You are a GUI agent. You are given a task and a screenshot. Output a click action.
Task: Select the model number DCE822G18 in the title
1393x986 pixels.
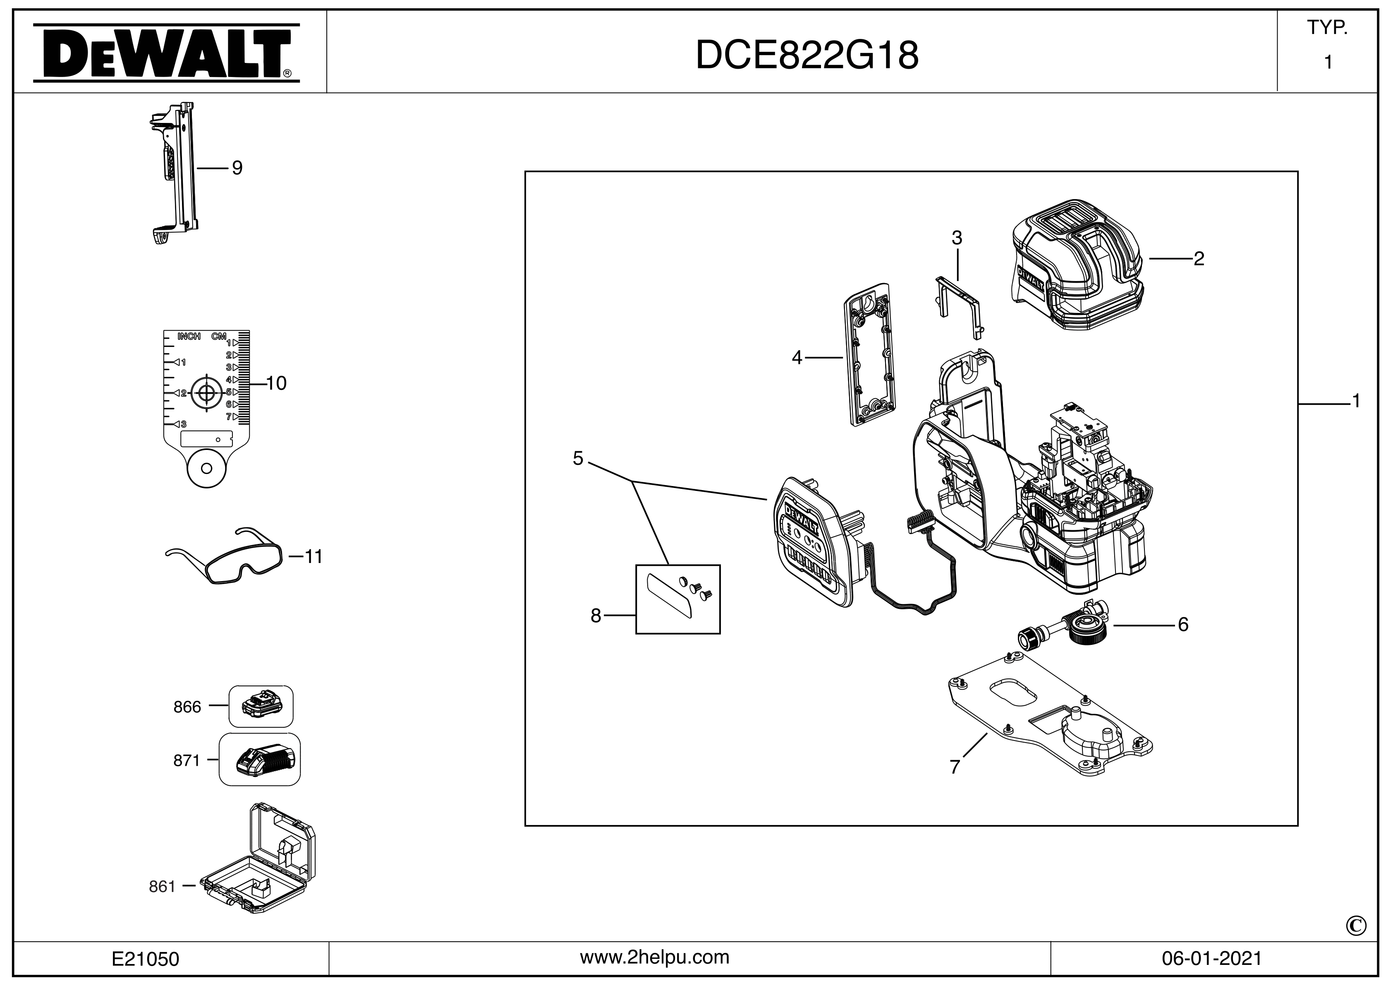point(807,56)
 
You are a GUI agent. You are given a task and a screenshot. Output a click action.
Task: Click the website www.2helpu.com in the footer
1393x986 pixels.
point(655,957)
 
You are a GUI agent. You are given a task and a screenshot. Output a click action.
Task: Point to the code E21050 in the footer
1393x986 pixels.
point(146,959)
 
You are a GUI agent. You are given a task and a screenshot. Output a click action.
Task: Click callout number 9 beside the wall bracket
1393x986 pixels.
point(237,168)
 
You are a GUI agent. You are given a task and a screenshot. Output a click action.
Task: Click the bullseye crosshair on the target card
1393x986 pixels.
point(206,393)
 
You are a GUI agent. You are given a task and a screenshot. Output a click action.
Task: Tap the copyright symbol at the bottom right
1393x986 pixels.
point(1356,926)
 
